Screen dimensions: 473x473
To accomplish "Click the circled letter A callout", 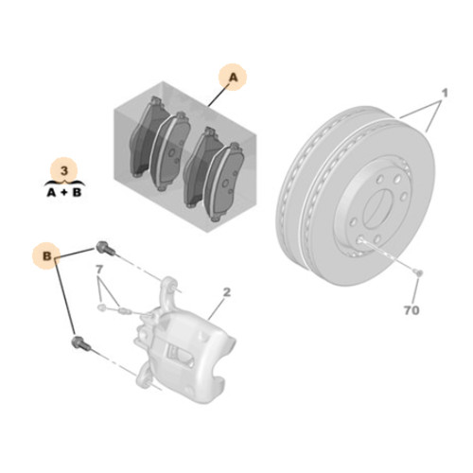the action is coord(233,78).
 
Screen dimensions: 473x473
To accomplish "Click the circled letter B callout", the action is coord(46,255).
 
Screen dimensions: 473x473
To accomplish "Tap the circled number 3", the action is coord(64,171).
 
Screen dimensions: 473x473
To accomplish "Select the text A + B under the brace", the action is coord(64,192).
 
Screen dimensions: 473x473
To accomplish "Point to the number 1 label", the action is coord(445,94).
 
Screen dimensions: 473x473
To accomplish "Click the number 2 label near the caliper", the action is coord(227,292).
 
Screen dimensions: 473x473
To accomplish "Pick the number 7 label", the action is coord(99,270).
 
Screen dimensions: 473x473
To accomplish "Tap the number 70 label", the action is coord(412,310).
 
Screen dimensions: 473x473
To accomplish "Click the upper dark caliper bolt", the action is coord(105,248).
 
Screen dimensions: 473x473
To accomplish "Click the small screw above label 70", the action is coord(418,272).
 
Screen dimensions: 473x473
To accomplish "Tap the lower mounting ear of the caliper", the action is coord(146,376).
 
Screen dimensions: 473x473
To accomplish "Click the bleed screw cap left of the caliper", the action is coord(101,307).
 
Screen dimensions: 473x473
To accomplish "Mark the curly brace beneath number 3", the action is coord(64,183).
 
